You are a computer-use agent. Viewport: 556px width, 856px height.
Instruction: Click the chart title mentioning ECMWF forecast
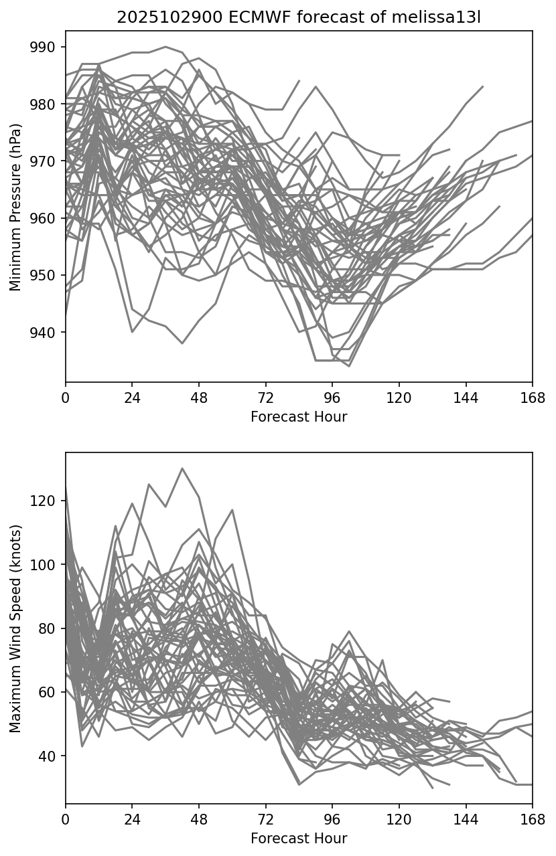299,17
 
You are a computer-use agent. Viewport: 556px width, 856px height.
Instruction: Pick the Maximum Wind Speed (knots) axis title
16,628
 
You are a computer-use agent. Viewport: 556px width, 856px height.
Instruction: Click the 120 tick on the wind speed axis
50,501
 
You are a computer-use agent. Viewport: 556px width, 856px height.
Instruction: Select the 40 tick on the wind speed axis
52,756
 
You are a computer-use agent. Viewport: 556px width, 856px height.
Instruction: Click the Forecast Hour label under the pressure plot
299,417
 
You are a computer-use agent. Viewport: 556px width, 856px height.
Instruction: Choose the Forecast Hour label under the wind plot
299,839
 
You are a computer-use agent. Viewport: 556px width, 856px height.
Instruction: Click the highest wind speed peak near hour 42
182,468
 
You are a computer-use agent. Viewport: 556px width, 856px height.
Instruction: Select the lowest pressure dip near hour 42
182,343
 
